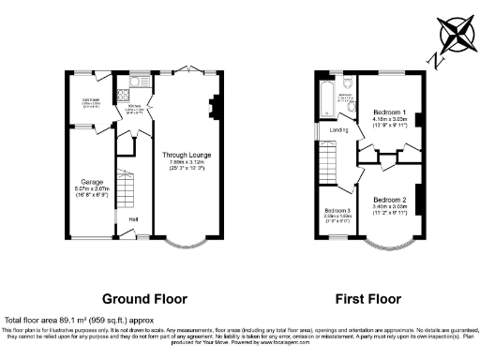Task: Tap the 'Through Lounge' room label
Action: coord(186,155)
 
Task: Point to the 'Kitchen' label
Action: coord(132,108)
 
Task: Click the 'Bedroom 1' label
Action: coord(388,112)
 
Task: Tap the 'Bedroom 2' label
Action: coord(388,200)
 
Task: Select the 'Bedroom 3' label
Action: coord(337,209)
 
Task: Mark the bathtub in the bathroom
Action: coord(325,97)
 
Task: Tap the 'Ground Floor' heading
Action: coord(144,299)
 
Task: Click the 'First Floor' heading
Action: coord(367,299)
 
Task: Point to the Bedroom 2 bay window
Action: coord(388,247)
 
